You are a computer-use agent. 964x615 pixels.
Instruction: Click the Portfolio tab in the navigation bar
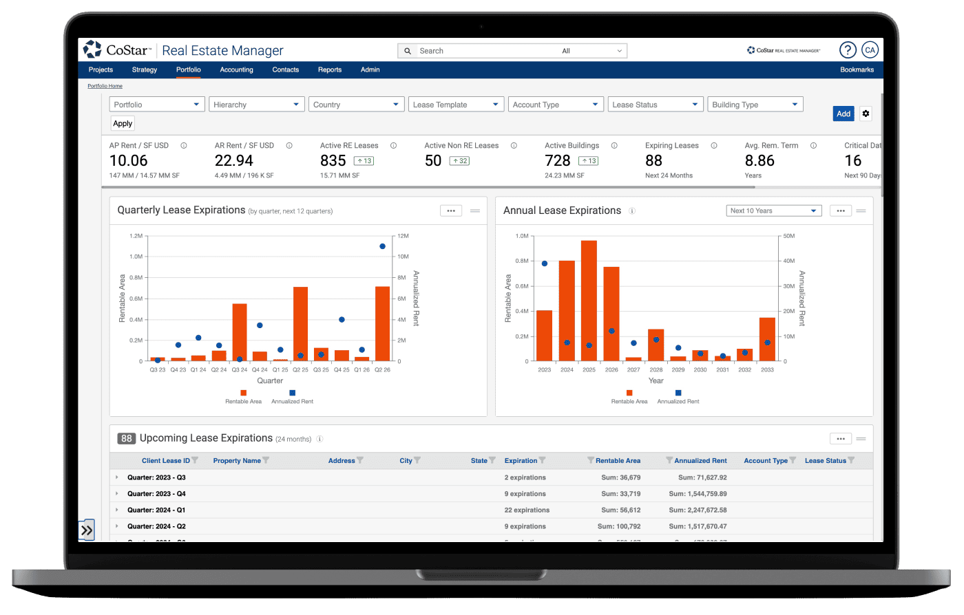point(188,69)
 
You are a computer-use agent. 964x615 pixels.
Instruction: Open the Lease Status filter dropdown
point(656,105)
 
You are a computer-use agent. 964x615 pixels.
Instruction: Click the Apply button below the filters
point(123,124)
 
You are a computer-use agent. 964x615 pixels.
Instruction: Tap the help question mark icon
point(848,50)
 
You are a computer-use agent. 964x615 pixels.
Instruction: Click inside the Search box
point(482,51)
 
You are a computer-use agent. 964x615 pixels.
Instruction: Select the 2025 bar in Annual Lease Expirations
point(589,301)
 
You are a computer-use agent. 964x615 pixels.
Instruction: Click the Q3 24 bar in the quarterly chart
point(240,332)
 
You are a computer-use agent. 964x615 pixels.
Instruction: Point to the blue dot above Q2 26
point(382,246)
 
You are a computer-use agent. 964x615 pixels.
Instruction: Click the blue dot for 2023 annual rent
point(545,263)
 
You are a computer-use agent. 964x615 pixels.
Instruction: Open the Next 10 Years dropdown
point(774,211)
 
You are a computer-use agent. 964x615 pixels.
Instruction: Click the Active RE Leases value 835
point(333,161)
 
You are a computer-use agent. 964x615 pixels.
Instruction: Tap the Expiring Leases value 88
point(653,161)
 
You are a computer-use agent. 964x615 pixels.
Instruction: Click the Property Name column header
point(237,461)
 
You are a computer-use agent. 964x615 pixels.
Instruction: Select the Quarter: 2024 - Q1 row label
point(156,510)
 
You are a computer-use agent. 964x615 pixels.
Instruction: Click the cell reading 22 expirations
point(527,510)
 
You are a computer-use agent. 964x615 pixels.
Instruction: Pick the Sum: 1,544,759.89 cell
point(698,494)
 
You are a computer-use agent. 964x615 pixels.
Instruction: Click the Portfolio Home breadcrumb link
point(105,86)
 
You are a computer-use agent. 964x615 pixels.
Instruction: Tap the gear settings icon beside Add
point(866,114)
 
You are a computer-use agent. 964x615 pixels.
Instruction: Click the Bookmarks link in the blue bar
point(857,69)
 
